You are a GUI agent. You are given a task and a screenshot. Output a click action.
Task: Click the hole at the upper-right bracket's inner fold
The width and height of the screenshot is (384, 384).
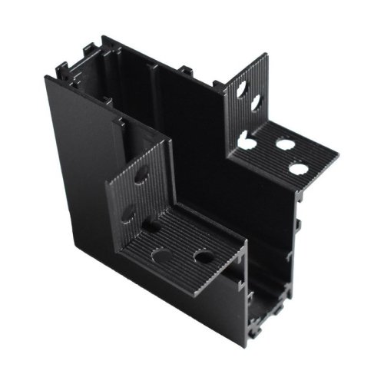(247, 141)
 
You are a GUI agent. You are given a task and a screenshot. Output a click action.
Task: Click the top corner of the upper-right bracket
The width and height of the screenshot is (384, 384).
(265, 55)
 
